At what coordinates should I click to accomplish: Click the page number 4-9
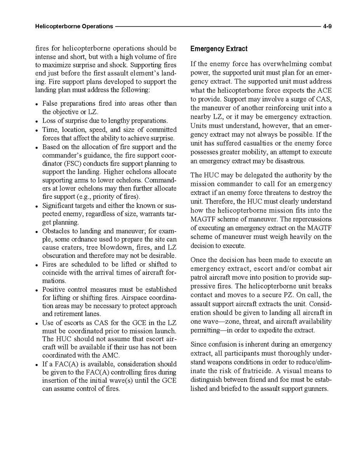[x=327, y=26]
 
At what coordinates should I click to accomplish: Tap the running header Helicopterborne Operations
[x=74, y=26]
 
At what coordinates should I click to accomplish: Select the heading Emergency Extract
[x=219, y=49]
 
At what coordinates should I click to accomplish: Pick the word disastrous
[x=292, y=161]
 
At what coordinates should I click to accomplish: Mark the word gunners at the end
[x=317, y=389]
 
